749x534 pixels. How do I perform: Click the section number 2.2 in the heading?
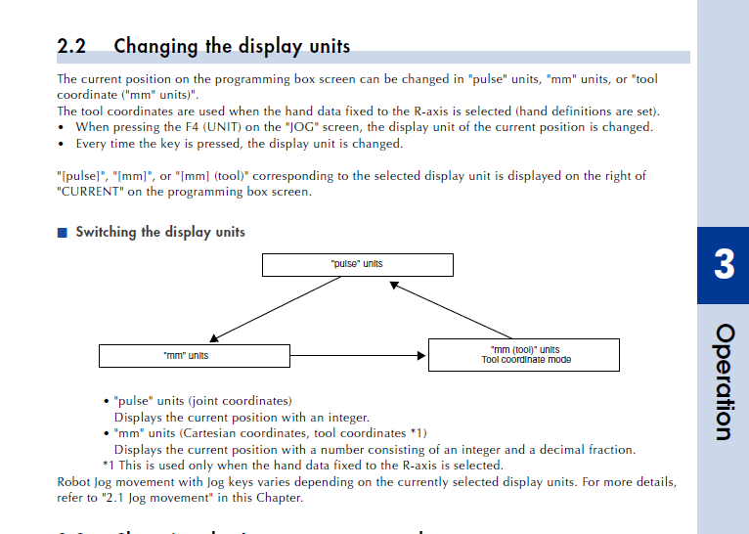point(71,46)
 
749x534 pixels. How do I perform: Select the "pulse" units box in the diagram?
point(357,264)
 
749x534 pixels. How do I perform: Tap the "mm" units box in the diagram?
point(195,355)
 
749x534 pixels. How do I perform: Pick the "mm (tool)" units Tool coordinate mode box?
point(524,355)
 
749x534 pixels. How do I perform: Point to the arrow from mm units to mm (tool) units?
point(360,355)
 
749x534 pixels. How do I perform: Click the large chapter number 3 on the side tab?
point(724,265)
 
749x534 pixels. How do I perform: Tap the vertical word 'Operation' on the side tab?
point(724,381)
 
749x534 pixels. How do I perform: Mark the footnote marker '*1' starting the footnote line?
point(110,466)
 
